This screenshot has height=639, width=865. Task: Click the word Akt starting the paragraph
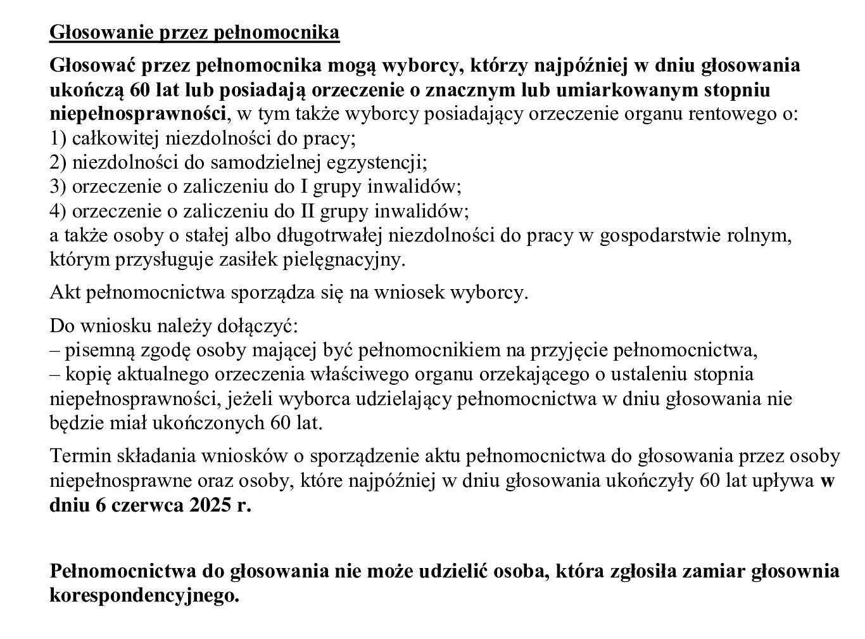tap(65, 293)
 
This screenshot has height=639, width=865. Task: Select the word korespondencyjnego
tap(144, 596)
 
